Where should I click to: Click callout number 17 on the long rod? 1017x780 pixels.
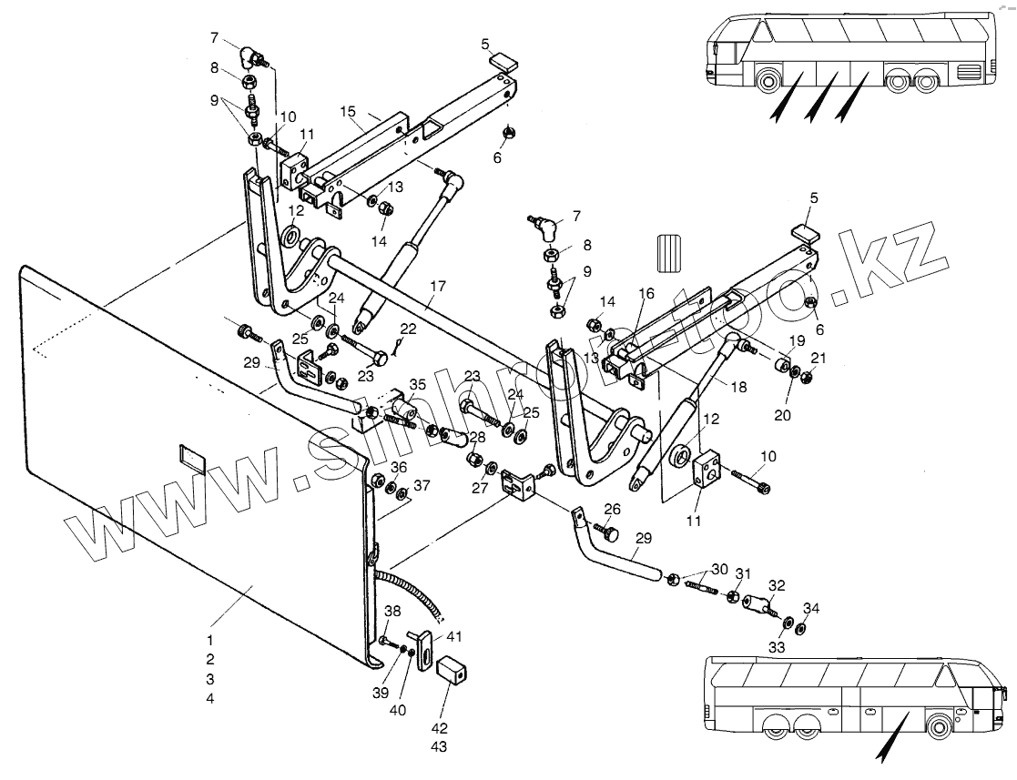tap(438, 286)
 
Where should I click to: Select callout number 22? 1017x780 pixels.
tap(408, 328)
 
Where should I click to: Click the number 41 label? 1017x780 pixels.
tap(454, 636)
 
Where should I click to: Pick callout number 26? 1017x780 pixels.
tap(612, 509)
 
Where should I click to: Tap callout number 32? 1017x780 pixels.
tap(777, 585)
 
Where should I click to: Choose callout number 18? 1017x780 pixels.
tap(737, 387)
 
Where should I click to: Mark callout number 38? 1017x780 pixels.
tap(392, 610)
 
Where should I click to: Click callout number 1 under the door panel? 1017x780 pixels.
tap(210, 640)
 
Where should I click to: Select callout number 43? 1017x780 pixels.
tap(441, 746)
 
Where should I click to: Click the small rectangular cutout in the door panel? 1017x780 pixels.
tap(193, 456)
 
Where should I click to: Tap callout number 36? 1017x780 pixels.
tap(398, 467)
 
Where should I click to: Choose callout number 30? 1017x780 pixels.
tap(719, 569)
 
